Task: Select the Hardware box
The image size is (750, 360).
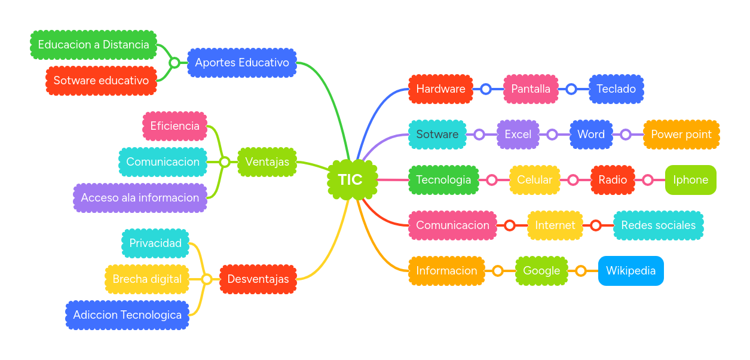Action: [440, 89]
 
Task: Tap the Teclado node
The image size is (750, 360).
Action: [616, 89]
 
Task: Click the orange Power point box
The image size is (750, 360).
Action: [681, 135]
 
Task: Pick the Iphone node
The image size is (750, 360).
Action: [690, 180]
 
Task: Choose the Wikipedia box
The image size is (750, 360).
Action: [630, 271]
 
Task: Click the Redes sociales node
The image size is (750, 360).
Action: [658, 225]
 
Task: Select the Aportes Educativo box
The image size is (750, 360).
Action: [241, 63]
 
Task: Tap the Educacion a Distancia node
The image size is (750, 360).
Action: [93, 45]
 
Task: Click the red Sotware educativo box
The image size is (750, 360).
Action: [101, 81]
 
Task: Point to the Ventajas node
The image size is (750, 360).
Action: [267, 162]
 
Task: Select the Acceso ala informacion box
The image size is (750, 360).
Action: [140, 198]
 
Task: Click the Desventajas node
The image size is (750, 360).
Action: [258, 279]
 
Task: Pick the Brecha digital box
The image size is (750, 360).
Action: [147, 279]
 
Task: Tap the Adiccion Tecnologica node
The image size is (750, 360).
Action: [127, 315]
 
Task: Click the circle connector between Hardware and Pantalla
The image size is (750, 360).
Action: [486, 89]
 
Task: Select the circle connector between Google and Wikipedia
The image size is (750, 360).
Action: [580, 271]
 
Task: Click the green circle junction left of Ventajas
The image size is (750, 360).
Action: [224, 162]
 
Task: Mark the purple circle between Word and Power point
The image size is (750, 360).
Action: [625, 135]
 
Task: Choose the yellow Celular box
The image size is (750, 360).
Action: [534, 180]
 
